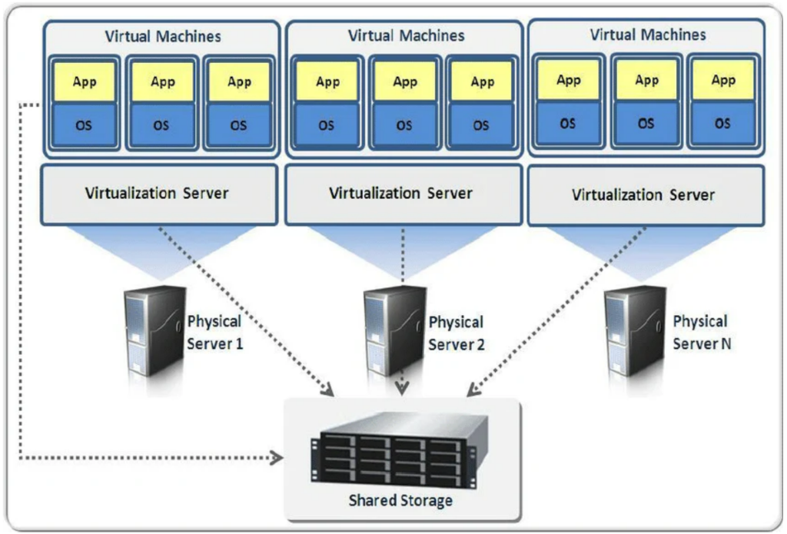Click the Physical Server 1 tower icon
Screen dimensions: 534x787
154,330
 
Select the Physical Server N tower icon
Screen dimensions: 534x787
635,330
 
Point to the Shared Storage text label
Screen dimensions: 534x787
400,501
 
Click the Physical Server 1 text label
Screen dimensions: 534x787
215,333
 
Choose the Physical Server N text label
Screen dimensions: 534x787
700,333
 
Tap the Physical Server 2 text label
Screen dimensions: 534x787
457,333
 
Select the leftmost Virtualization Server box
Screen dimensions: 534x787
159,194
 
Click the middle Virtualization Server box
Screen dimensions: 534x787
401,194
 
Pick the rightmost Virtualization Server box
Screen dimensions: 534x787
644,195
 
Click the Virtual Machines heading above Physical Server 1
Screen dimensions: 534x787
162,36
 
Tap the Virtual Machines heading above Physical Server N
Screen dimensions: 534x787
647,35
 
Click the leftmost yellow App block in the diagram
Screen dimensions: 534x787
85,82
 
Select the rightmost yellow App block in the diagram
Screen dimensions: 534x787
723,80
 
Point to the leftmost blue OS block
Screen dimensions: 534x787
85,125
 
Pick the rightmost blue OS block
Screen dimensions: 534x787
723,123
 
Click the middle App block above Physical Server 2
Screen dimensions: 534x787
405,82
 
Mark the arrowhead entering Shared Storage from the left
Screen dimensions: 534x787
277,459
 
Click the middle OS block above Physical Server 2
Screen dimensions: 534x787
405,125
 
